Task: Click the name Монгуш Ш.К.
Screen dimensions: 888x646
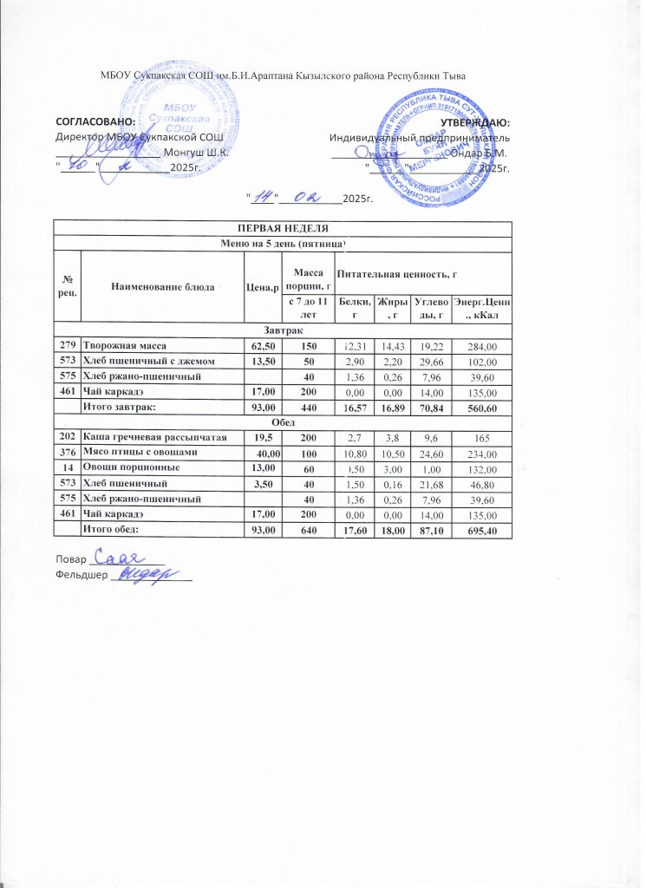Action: [x=196, y=152]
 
